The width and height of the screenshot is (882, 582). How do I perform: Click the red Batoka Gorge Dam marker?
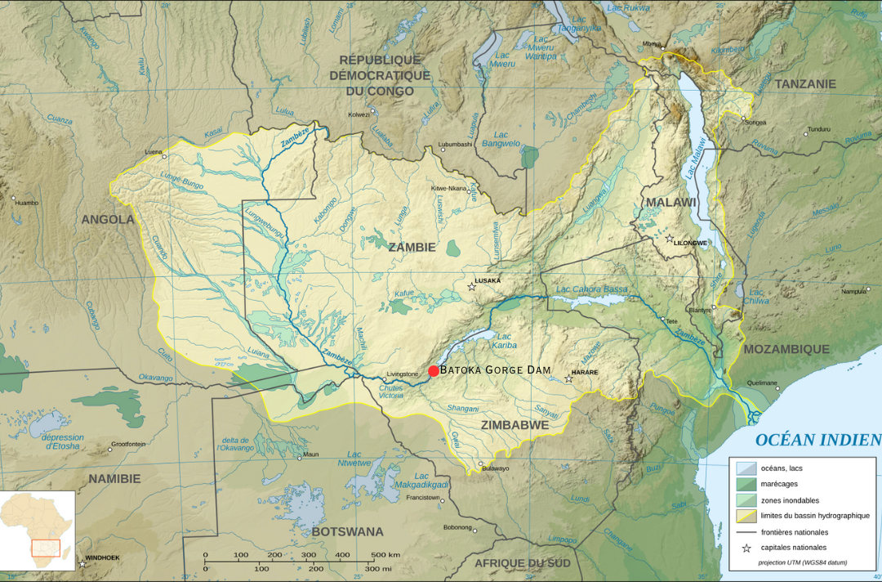[x=434, y=371]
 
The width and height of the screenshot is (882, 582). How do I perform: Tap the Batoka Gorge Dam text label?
[x=495, y=370]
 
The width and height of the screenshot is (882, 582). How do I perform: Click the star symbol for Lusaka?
[x=471, y=287]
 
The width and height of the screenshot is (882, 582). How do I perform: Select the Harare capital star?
[x=569, y=378]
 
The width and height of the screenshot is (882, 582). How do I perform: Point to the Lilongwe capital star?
[x=670, y=239]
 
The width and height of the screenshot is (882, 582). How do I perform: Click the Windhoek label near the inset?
[x=103, y=557]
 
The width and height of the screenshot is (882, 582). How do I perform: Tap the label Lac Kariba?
[x=504, y=340]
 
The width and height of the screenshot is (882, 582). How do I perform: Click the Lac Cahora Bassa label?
[x=592, y=289]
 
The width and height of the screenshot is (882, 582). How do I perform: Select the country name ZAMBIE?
[x=412, y=247]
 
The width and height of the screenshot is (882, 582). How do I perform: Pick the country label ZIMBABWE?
[x=514, y=425]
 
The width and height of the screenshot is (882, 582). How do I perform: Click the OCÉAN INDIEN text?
[x=817, y=440]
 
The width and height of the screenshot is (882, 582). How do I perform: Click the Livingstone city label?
[x=402, y=374]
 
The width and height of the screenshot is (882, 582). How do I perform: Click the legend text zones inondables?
[x=790, y=499]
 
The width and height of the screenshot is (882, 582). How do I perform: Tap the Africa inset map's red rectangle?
[x=44, y=547]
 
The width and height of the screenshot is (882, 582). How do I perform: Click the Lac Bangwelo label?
[x=501, y=139]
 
